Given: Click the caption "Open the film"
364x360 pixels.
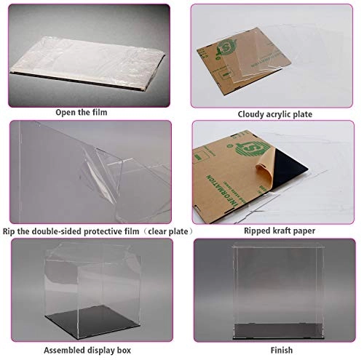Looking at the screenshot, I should pos(84,113).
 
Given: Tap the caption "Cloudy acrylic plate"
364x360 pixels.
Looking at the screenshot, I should pos(277,114).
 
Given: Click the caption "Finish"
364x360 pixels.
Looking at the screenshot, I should pos(276,348).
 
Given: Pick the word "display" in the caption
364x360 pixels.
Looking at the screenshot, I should pos(85,348).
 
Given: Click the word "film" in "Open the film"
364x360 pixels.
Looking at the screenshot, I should pos(102,113).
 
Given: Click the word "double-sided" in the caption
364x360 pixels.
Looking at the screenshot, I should pos(65,231).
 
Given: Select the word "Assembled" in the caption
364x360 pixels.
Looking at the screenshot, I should pos(43,348).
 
